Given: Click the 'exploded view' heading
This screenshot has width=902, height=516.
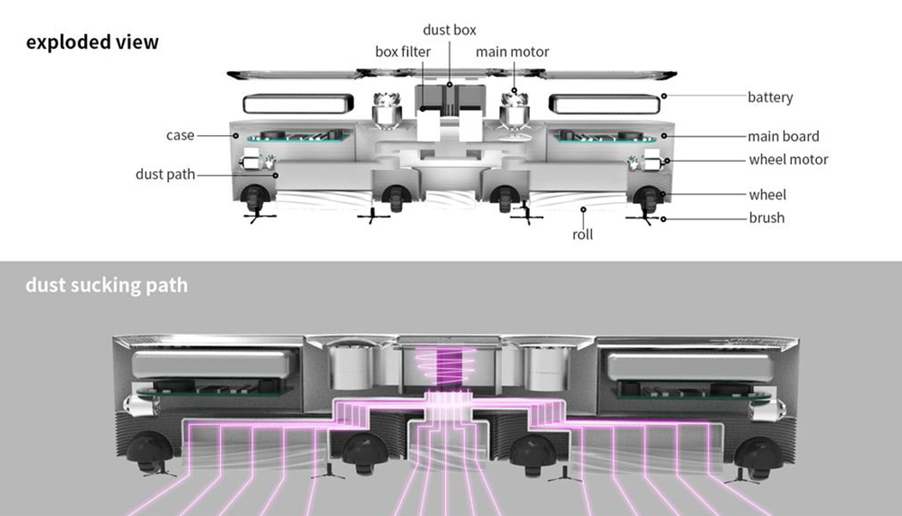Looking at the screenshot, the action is [92, 42].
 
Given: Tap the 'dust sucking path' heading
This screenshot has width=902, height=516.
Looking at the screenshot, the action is [107, 285].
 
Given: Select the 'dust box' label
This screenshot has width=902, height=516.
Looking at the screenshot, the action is [449, 30].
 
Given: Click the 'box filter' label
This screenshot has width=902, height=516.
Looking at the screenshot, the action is [403, 52].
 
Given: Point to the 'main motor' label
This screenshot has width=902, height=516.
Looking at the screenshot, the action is [512, 52].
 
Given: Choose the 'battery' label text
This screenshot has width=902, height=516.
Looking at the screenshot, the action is [771, 97].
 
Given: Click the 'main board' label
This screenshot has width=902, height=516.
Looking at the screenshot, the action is [783, 137].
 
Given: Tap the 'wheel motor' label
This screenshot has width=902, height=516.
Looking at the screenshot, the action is [789, 159].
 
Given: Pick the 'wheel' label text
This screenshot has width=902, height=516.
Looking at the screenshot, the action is [767, 194].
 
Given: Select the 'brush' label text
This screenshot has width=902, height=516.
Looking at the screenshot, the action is [767, 218].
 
